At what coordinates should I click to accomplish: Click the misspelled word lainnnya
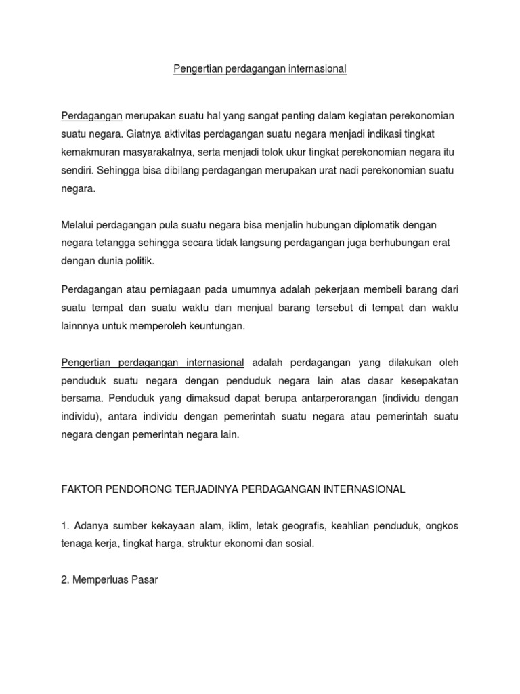81,326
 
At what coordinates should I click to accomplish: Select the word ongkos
443,526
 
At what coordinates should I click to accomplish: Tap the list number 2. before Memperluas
66,580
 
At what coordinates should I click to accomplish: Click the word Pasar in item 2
144,580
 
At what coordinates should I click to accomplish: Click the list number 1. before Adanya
66,526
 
